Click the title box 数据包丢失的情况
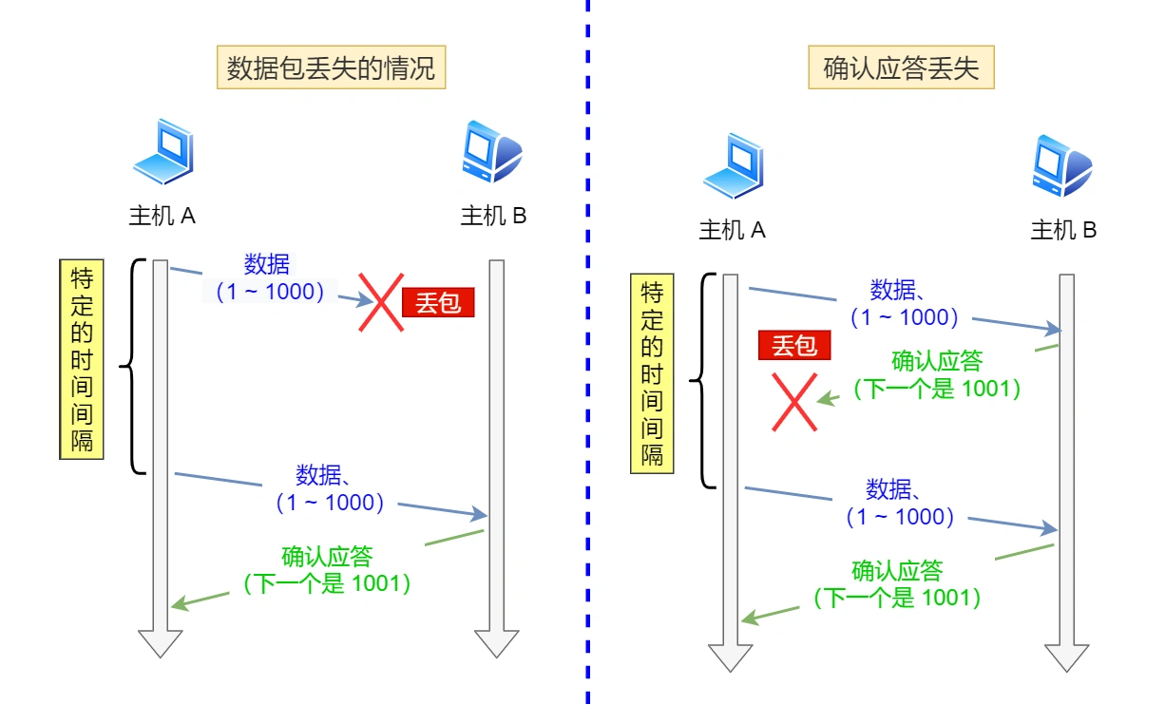tap(331, 69)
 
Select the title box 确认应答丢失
tap(901, 69)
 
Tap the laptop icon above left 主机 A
tap(162, 152)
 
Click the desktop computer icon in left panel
tap(491, 152)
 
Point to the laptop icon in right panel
tap(733, 165)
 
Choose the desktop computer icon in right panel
tap(1062, 165)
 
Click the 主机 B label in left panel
tap(493, 216)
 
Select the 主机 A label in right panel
tap(732, 230)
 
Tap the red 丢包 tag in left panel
tap(438, 302)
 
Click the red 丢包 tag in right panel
tap(794, 346)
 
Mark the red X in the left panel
tap(381, 302)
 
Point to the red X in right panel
tap(794, 401)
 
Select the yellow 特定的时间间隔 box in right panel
tap(652, 373)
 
